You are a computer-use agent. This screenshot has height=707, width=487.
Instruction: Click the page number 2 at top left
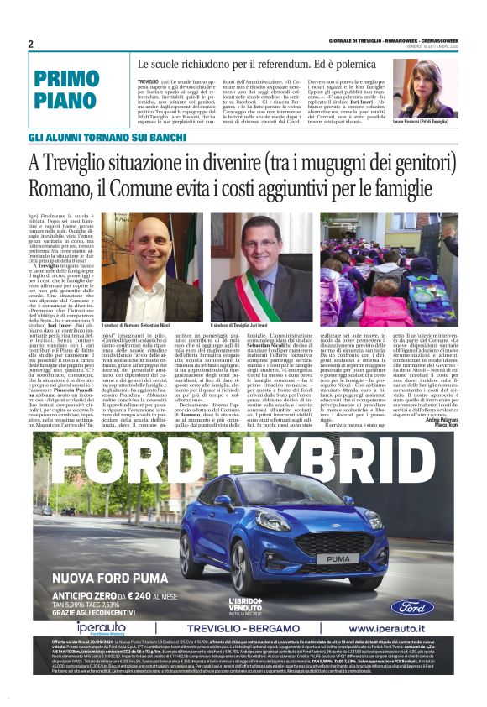[x=31, y=44]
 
